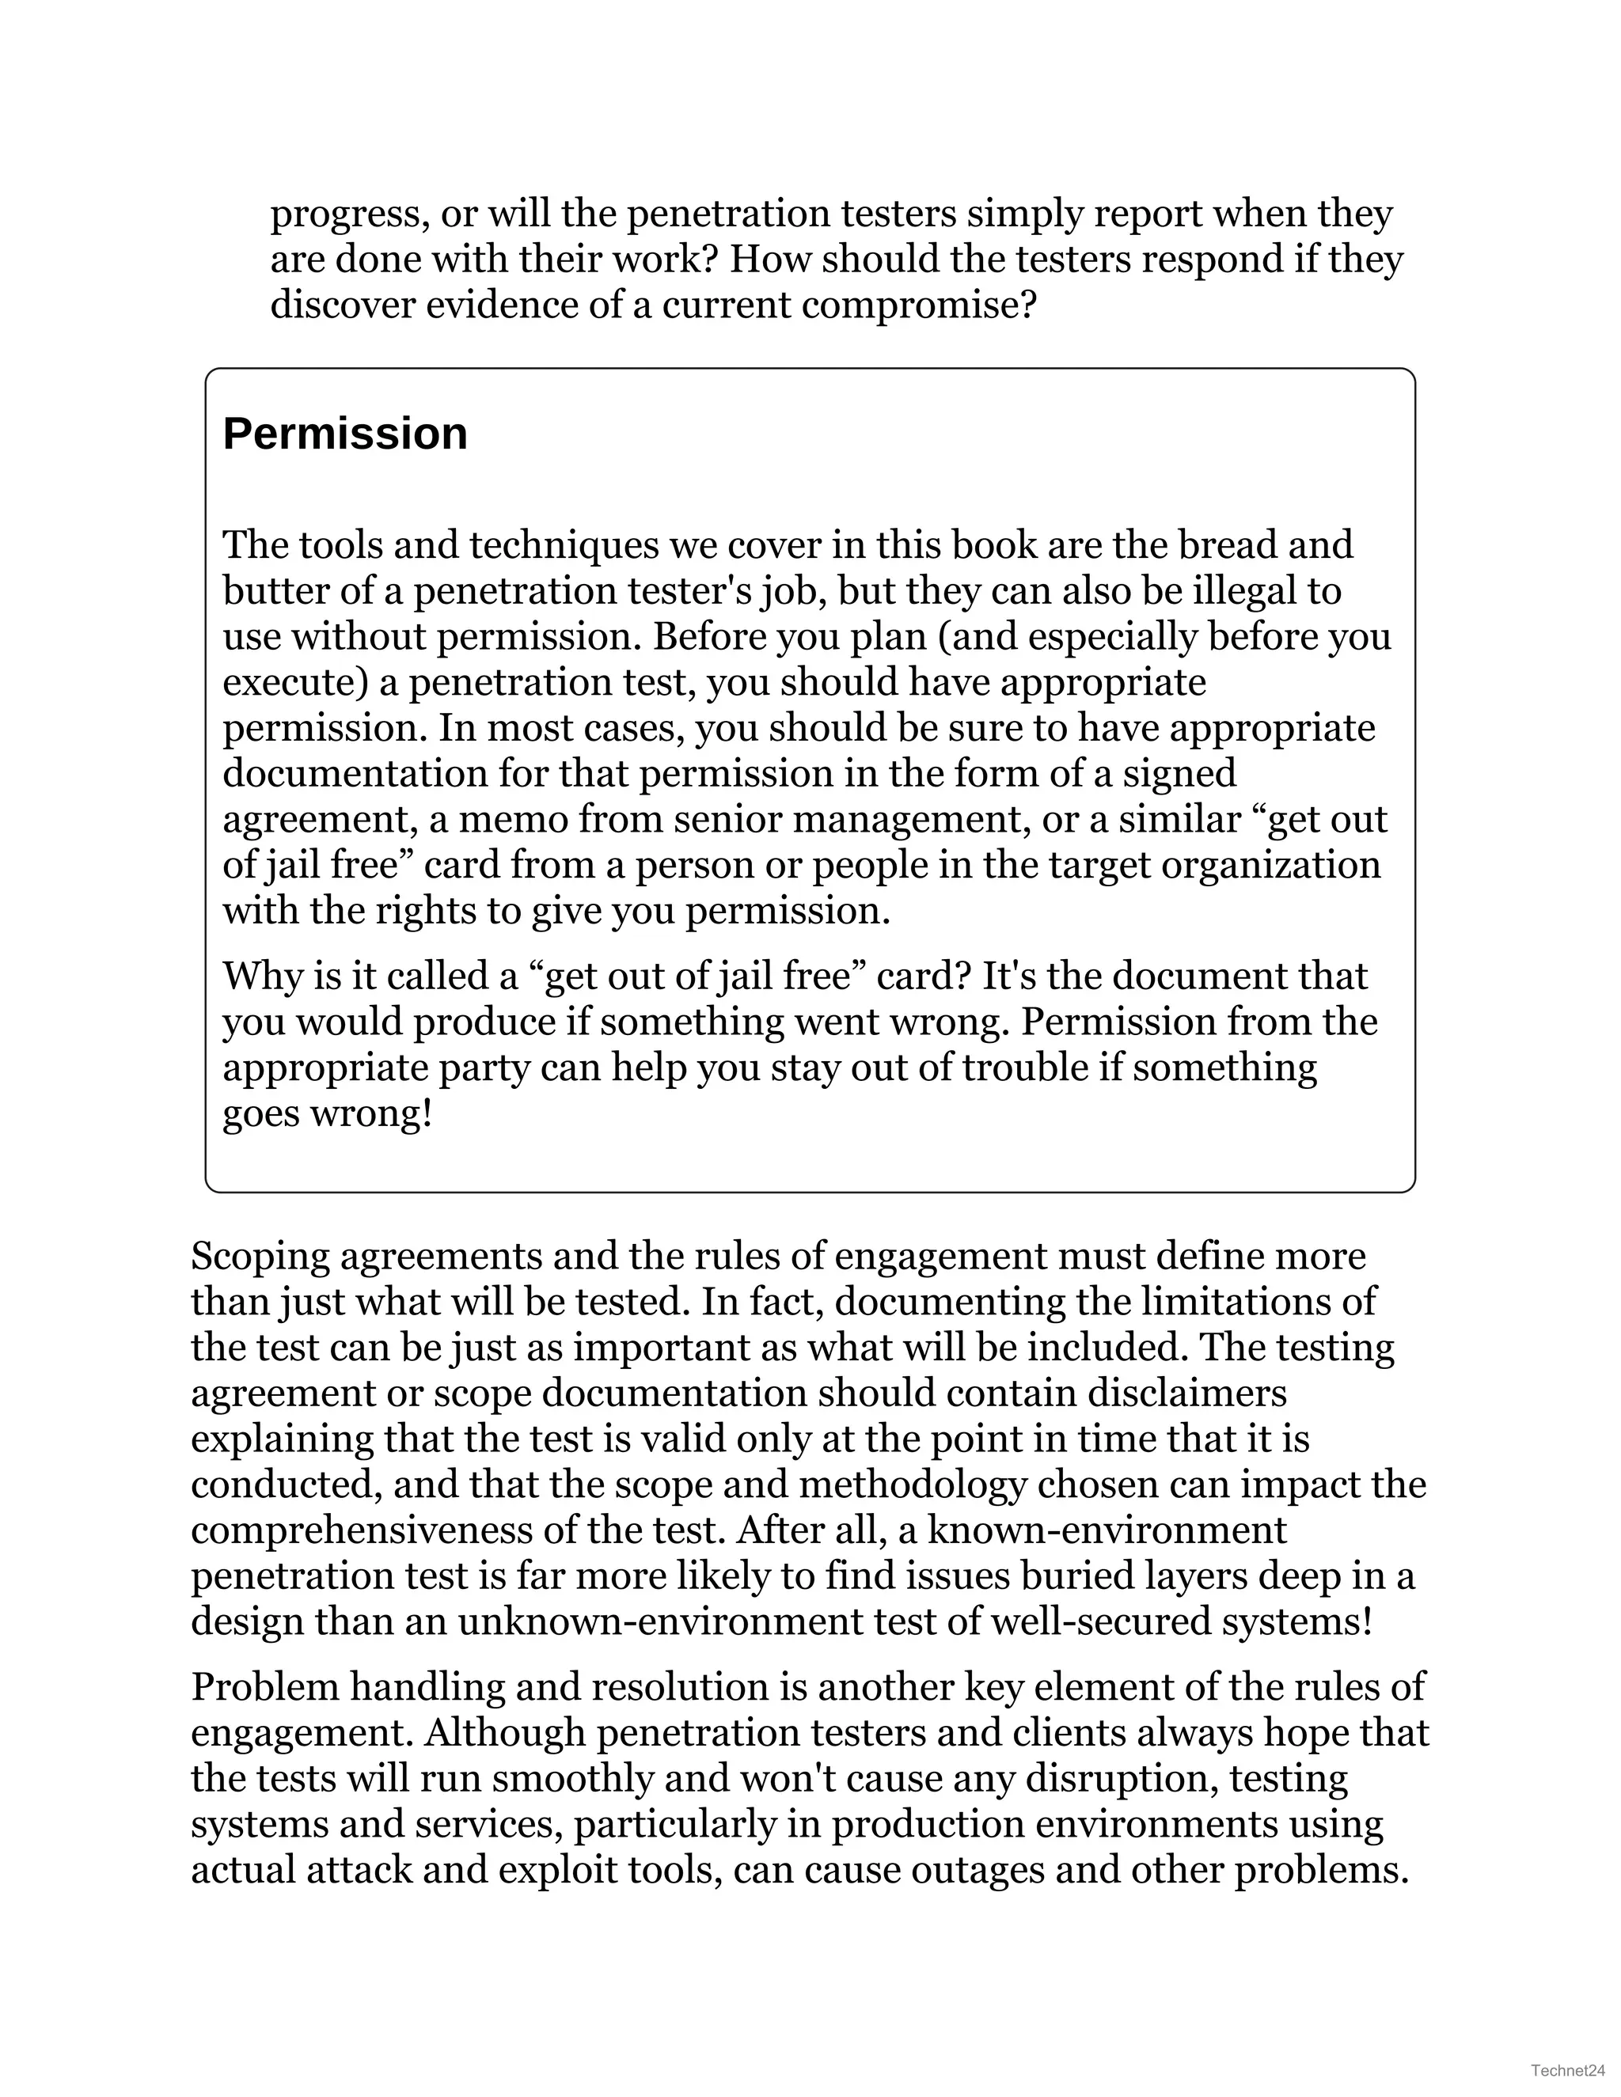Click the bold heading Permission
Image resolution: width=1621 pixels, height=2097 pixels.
[x=345, y=434]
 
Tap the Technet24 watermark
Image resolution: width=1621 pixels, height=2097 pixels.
[x=1566, y=2071]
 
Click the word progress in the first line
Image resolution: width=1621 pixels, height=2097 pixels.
[x=347, y=215]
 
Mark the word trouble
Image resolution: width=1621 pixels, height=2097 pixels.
[x=1023, y=1067]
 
